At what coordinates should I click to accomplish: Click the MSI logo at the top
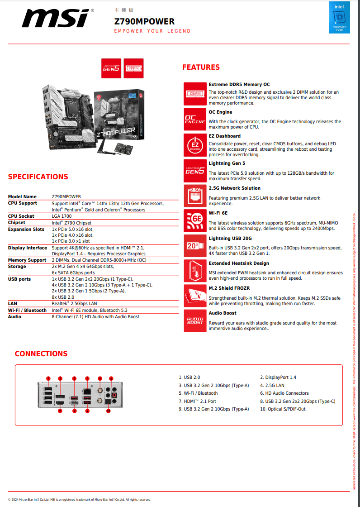tap(57, 19)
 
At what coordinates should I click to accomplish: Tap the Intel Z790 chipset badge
tap(339, 18)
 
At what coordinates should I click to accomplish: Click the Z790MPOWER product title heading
tap(144, 21)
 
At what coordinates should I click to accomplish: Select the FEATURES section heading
tap(201, 67)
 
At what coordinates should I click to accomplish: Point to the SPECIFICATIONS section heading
tap(38, 177)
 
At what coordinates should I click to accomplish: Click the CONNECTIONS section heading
tap(41, 354)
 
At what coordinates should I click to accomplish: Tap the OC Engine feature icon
tap(195, 119)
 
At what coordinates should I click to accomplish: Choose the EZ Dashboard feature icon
tap(195, 145)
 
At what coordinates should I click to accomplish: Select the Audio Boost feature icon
tap(195, 320)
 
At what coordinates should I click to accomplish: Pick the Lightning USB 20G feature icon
tap(195, 245)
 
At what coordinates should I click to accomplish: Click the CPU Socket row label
tap(21, 216)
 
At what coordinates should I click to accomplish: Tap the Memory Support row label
tap(27, 260)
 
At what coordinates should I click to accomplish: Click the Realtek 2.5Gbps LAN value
tap(74, 303)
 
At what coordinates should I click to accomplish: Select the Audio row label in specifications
tap(14, 317)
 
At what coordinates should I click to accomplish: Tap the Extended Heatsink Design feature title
tap(239, 263)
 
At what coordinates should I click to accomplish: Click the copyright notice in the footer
tap(80, 500)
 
